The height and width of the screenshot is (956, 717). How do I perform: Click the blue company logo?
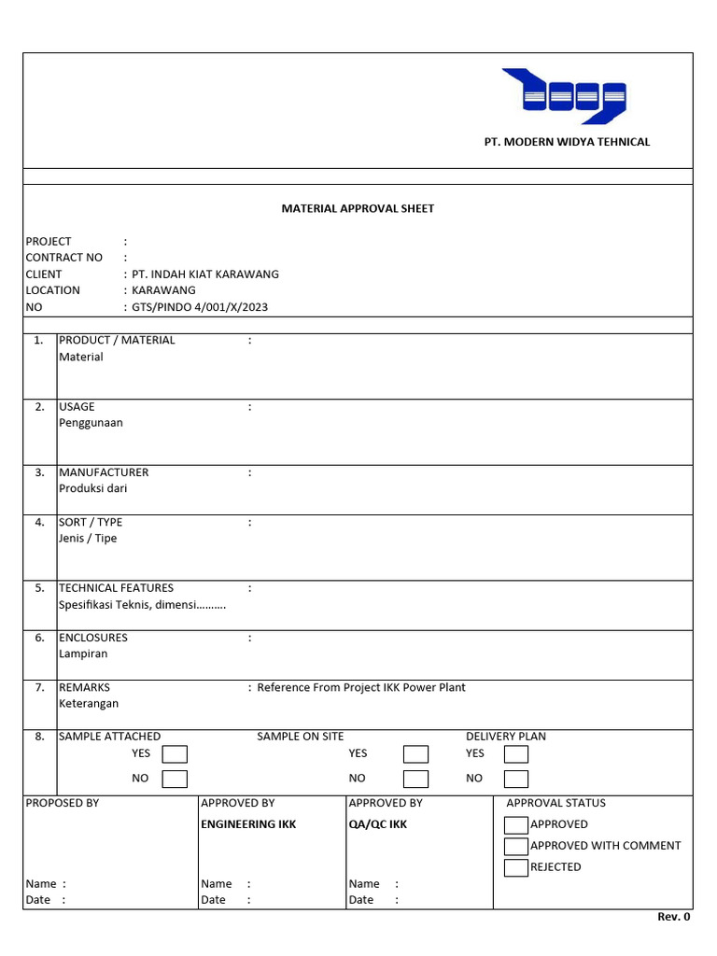pyautogui.click(x=563, y=96)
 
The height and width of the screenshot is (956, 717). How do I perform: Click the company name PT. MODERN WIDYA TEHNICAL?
pyautogui.click(x=567, y=142)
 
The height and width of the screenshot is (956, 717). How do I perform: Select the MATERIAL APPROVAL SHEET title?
pyautogui.click(x=358, y=208)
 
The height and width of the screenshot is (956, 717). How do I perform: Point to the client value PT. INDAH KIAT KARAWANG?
pyautogui.click(x=205, y=274)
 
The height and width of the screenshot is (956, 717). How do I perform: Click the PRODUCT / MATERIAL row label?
pyautogui.click(x=117, y=340)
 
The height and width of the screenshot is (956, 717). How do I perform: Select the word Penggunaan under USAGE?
pyautogui.click(x=91, y=423)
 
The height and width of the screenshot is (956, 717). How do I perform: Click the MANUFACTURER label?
pyautogui.click(x=104, y=472)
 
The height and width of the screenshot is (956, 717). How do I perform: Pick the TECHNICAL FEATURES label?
pyautogui.click(x=116, y=588)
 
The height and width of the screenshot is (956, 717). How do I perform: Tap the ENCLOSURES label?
pyautogui.click(x=93, y=638)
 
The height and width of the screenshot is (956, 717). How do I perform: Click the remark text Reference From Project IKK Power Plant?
pyautogui.click(x=361, y=687)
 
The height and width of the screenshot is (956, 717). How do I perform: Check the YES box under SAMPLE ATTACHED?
pyautogui.click(x=175, y=754)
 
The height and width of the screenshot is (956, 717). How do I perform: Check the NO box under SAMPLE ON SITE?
pyautogui.click(x=415, y=779)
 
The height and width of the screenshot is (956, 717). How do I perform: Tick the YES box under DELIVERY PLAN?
pyautogui.click(x=515, y=754)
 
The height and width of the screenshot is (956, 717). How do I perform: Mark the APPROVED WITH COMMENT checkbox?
pyautogui.click(x=515, y=846)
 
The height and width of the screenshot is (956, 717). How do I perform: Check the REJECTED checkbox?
pyautogui.click(x=515, y=867)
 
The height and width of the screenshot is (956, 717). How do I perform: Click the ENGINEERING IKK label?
pyautogui.click(x=248, y=824)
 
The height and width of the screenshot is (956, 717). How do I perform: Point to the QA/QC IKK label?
pyautogui.click(x=378, y=824)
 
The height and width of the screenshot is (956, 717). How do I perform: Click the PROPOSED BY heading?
pyautogui.click(x=63, y=803)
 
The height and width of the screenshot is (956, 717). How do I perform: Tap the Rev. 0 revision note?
pyautogui.click(x=673, y=917)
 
